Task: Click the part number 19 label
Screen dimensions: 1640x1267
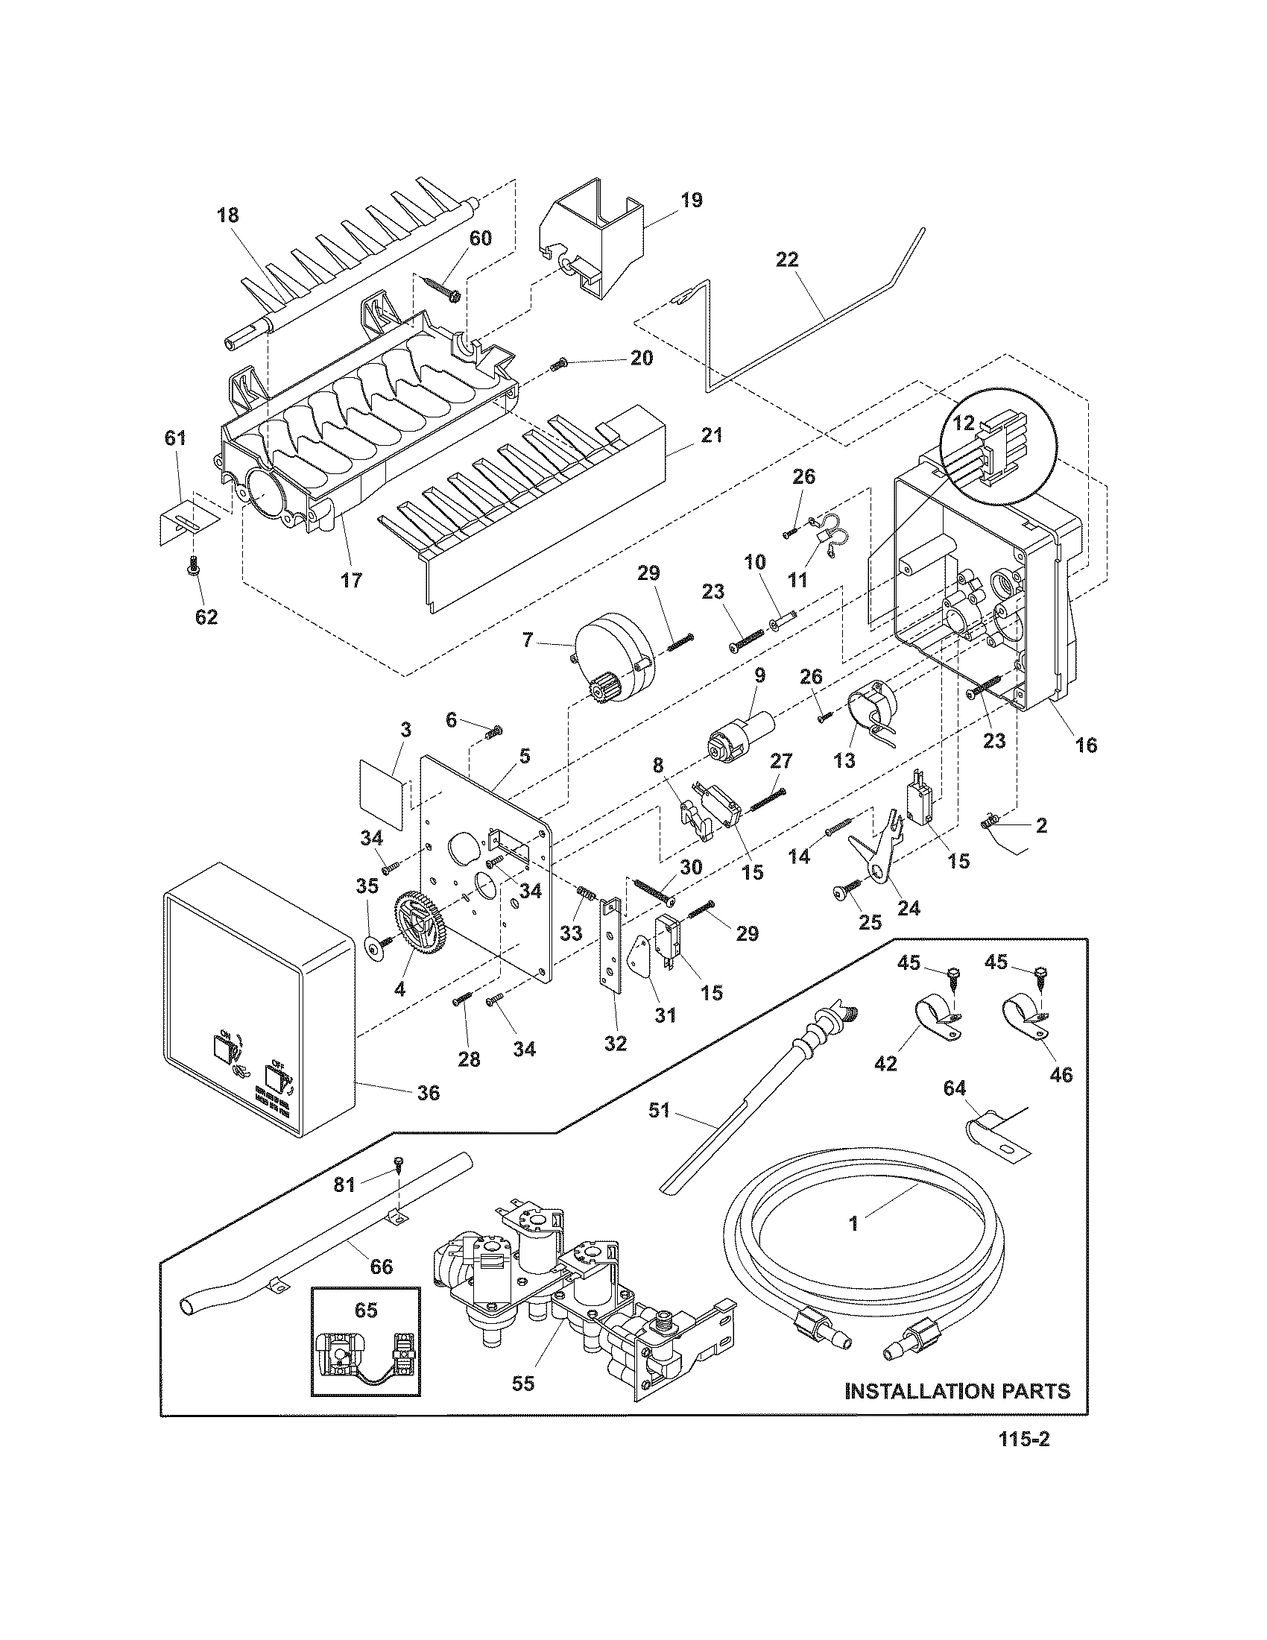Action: (692, 201)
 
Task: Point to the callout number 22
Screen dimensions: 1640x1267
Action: (787, 260)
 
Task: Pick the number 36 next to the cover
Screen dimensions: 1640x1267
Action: (428, 1093)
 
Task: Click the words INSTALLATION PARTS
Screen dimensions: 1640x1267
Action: (958, 1392)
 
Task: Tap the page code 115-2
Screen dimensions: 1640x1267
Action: (1023, 1460)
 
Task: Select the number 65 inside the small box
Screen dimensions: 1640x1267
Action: (366, 1311)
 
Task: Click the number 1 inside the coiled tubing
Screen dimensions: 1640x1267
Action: (853, 1224)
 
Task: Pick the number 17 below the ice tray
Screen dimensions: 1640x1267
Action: (351, 580)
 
